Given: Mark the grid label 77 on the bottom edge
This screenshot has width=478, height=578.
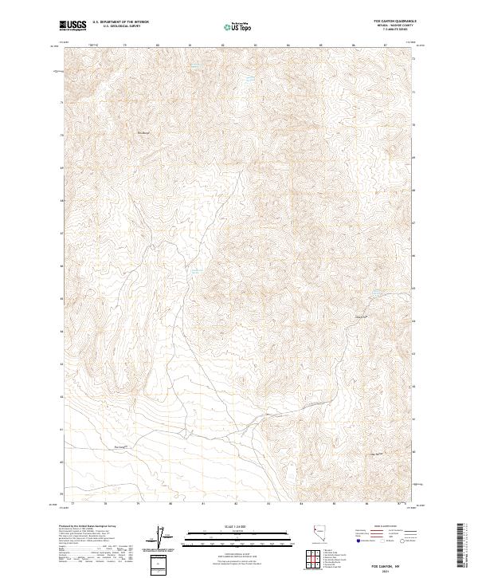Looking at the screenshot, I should tap(72, 505).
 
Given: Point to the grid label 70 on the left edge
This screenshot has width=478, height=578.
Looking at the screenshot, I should tap(61, 136).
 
